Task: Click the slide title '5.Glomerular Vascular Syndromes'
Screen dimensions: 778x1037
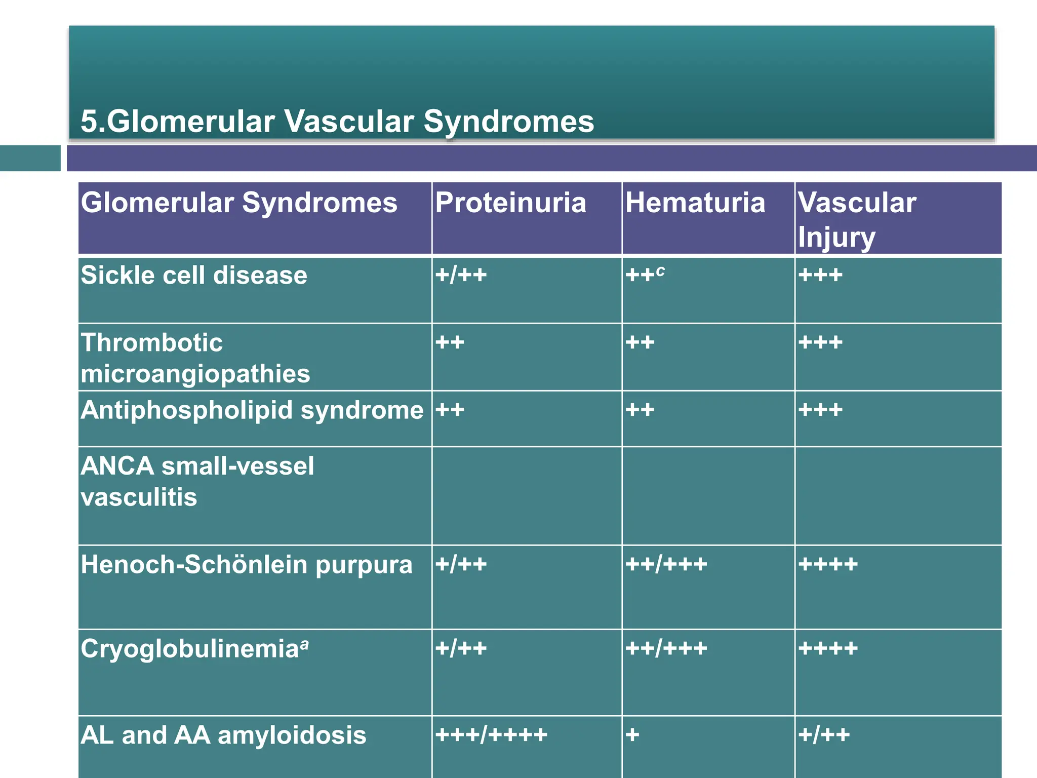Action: tap(337, 122)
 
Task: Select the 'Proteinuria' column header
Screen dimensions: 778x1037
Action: tap(510, 203)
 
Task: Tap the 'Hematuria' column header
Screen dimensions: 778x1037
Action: tap(695, 203)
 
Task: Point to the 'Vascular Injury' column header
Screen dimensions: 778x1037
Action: tap(857, 219)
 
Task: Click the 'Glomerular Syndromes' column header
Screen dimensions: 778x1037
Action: tap(239, 203)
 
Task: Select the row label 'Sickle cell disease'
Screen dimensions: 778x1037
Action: tap(194, 276)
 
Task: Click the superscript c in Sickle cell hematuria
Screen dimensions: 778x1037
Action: tap(660, 271)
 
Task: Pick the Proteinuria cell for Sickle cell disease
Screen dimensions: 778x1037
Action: tap(461, 276)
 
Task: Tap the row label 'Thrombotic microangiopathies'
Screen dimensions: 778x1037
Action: tap(195, 358)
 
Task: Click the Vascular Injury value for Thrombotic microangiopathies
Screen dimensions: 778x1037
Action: tap(820, 343)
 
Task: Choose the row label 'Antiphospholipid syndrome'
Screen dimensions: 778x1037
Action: tap(252, 410)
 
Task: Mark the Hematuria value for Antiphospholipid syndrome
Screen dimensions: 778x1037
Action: tap(640, 410)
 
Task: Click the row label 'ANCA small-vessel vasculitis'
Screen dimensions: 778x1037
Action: tap(197, 481)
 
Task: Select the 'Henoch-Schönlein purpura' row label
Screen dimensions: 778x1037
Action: tap(247, 564)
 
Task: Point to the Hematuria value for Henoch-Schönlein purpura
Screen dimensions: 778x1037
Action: tap(666, 564)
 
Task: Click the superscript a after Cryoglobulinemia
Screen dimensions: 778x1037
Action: tap(304, 644)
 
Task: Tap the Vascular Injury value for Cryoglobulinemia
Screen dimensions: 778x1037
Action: tap(828, 648)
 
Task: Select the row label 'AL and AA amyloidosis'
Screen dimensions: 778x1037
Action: tap(223, 735)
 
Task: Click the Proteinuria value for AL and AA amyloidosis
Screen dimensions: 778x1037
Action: tap(491, 735)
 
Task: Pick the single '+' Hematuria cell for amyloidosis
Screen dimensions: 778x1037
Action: tap(632, 735)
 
